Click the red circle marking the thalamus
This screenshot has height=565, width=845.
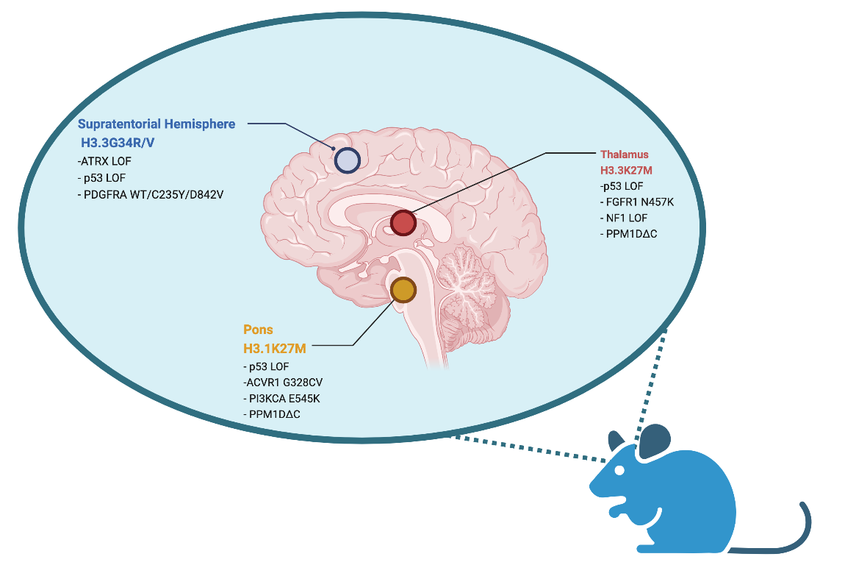click(x=403, y=222)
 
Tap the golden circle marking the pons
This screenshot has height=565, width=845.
click(x=403, y=290)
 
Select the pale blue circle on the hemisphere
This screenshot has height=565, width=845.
click(x=347, y=160)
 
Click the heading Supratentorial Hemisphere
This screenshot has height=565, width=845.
click(x=157, y=124)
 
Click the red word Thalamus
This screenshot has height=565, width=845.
click(x=625, y=154)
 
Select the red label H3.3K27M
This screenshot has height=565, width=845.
click(x=626, y=170)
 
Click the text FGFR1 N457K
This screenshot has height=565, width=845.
click(x=634, y=202)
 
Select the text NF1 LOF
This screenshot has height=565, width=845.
click(x=624, y=218)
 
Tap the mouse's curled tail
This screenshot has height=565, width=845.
click(x=794, y=530)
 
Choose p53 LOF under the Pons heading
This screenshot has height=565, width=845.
click(x=266, y=366)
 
